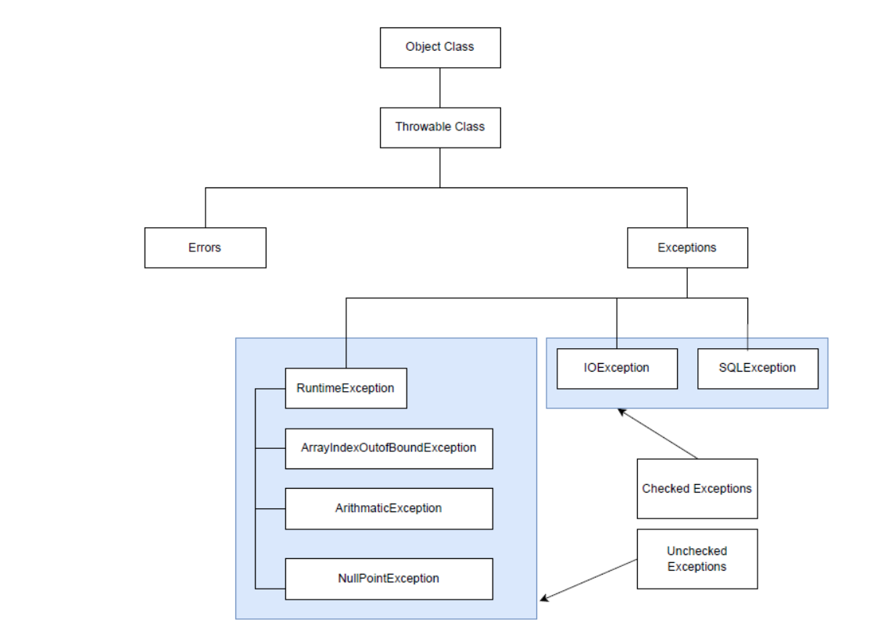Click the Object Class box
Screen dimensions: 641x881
439,47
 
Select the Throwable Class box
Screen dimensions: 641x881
439,126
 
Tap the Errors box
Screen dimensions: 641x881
205,247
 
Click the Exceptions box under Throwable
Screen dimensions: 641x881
687,247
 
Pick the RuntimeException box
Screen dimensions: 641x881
346,388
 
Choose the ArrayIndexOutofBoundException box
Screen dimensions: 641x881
389,448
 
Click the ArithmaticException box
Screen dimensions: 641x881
389,508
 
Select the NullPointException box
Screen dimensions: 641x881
389,579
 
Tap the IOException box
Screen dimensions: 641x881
617,368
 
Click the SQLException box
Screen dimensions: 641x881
757,368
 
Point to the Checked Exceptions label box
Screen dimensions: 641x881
697,489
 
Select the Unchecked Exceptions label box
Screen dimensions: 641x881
697,559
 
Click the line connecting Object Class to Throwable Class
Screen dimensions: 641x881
439,87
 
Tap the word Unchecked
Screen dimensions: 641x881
697,551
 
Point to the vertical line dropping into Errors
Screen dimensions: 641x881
205,208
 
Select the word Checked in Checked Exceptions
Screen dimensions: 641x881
665,489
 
